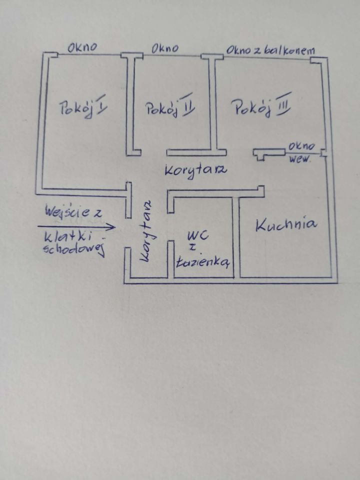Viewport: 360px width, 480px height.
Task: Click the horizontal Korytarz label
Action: [x=196, y=171]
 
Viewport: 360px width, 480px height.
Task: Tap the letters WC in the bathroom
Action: [x=198, y=235]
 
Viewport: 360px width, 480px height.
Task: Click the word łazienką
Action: [x=202, y=261]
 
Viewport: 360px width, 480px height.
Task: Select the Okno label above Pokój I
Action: [x=82, y=47]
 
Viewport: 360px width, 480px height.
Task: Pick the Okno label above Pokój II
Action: [x=165, y=48]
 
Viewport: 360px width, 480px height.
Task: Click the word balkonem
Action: [x=289, y=50]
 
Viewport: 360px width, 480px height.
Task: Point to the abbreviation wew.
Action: [x=299, y=158]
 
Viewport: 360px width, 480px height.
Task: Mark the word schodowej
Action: [x=74, y=249]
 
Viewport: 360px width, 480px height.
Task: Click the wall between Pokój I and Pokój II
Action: [x=131, y=104]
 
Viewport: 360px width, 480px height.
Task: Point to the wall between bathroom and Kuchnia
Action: [x=236, y=237]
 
